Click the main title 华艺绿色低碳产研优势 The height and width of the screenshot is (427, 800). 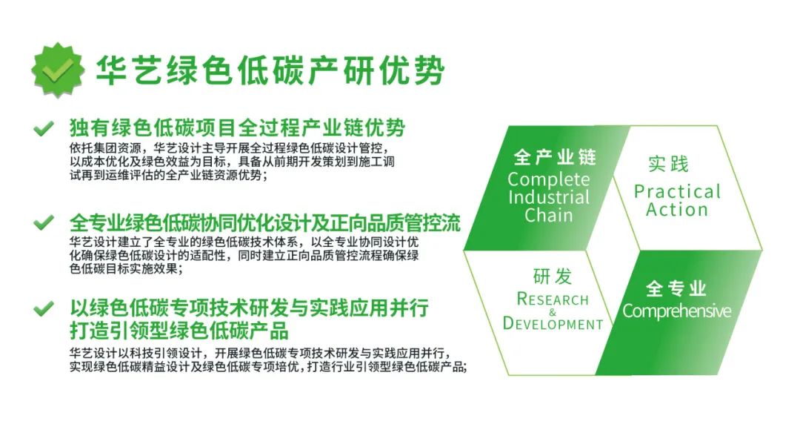[271, 70]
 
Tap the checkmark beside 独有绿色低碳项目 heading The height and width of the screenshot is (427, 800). [44, 128]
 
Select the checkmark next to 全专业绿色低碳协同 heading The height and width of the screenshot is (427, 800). [44, 222]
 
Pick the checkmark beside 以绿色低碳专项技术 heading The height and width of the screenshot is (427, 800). [44, 308]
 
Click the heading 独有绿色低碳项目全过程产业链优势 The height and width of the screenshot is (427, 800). [238, 128]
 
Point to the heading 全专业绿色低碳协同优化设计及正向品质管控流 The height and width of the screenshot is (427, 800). [265, 223]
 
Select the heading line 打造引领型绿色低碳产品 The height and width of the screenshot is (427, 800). [179, 331]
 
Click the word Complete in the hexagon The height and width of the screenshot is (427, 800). [548, 179]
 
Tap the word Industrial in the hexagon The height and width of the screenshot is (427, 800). [549, 197]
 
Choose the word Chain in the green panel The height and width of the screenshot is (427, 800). [548, 215]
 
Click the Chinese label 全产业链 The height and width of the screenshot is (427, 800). [555, 157]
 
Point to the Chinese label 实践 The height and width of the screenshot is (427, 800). [668, 164]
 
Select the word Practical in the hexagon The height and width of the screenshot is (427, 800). [677, 191]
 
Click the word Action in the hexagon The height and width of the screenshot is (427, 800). [677, 209]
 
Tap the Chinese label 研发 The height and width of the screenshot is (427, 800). [553, 277]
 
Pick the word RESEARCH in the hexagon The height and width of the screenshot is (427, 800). [553, 299]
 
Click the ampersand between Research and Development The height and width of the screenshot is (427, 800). [553, 312]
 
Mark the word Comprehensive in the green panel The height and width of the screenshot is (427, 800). [676, 311]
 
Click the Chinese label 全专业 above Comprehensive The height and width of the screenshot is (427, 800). [676, 288]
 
